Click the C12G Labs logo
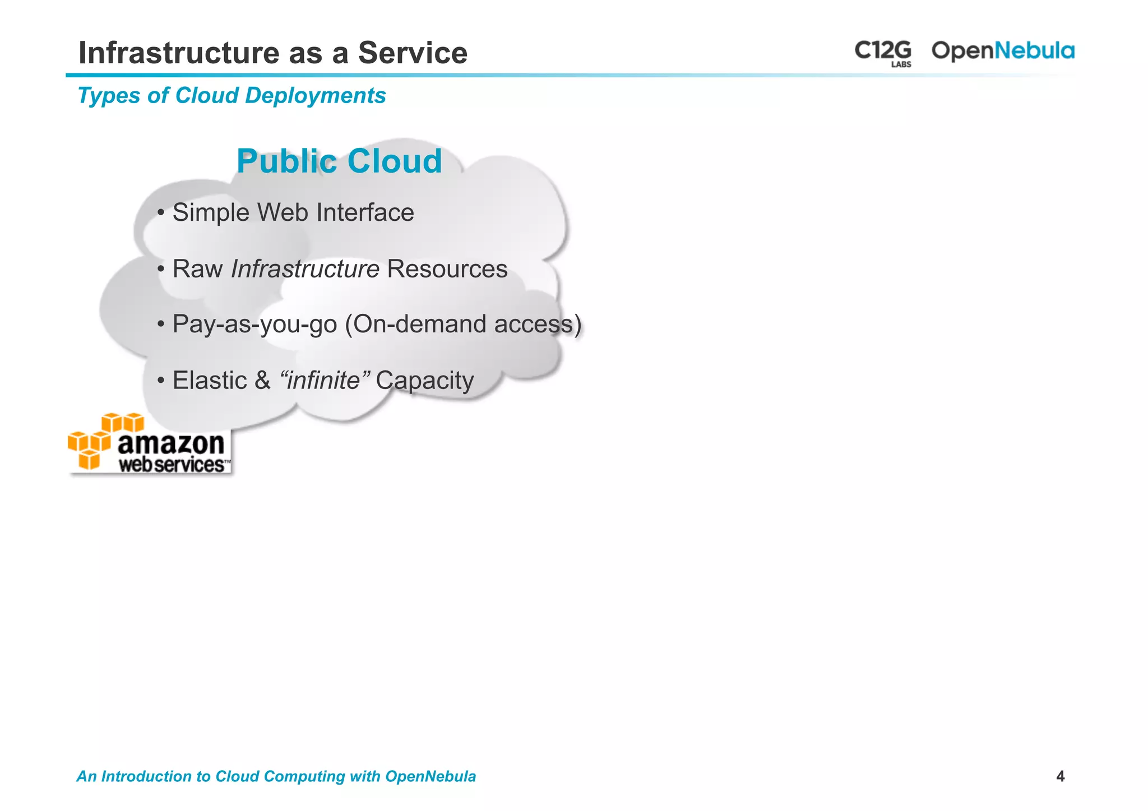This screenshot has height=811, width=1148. (883, 53)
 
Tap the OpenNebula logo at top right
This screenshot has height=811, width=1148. (1002, 51)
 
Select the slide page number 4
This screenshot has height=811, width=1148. (1060, 776)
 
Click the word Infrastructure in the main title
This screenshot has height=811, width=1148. (179, 53)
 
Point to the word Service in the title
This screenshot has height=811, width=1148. (413, 53)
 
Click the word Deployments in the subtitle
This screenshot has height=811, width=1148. (315, 96)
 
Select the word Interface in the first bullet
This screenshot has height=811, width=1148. (365, 213)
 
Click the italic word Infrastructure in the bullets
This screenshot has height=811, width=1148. (305, 269)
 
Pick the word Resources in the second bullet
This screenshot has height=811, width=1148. (447, 269)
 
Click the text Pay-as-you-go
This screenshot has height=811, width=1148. (254, 325)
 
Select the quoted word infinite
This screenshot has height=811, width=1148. (323, 381)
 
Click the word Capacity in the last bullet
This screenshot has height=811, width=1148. (424, 381)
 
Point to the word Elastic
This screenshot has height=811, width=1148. (210, 381)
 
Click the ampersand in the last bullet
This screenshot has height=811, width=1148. (262, 381)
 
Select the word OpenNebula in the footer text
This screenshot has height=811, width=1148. (430, 776)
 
